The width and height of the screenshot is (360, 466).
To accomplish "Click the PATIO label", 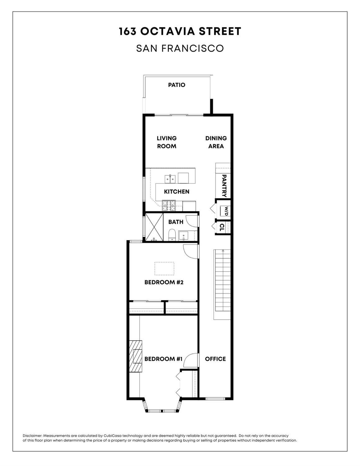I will [176, 85].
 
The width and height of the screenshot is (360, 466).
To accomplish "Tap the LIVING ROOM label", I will [166, 142].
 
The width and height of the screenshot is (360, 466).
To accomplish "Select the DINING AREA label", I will [216, 142].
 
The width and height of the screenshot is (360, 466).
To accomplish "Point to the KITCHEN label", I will [176, 191].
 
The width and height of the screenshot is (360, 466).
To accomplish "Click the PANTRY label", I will [224, 186].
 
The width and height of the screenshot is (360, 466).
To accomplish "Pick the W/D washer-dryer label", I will [226, 211].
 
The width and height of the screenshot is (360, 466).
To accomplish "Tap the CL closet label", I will [222, 227].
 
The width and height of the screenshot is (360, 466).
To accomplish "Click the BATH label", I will [176, 222].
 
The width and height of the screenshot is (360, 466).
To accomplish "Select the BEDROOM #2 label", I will [164, 282].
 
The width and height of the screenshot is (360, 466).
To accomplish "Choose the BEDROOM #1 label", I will [163, 359].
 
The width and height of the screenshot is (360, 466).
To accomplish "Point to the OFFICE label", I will [215, 359].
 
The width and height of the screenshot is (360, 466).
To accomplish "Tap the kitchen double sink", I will [170, 179].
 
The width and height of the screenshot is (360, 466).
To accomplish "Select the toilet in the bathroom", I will [172, 235].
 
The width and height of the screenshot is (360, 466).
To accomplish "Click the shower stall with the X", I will [154, 227].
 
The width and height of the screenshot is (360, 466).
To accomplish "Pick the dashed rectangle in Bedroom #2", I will [164, 269].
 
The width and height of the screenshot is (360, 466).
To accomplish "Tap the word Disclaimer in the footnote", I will [32, 436].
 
